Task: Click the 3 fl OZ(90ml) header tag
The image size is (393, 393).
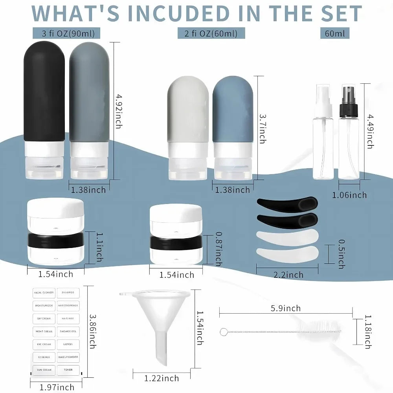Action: [x=66, y=33]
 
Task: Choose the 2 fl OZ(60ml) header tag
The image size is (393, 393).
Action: [x=211, y=33]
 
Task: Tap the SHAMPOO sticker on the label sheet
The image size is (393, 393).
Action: [x=68, y=292]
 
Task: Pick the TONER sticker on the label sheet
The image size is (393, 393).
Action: [x=68, y=370]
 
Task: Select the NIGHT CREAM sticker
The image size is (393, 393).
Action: [x=43, y=331]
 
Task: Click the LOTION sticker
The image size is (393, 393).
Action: [x=68, y=344]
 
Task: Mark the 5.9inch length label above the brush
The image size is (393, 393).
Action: [x=286, y=308]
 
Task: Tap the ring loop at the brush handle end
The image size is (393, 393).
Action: [x=224, y=332]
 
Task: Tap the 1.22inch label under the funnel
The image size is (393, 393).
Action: [x=162, y=378]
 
